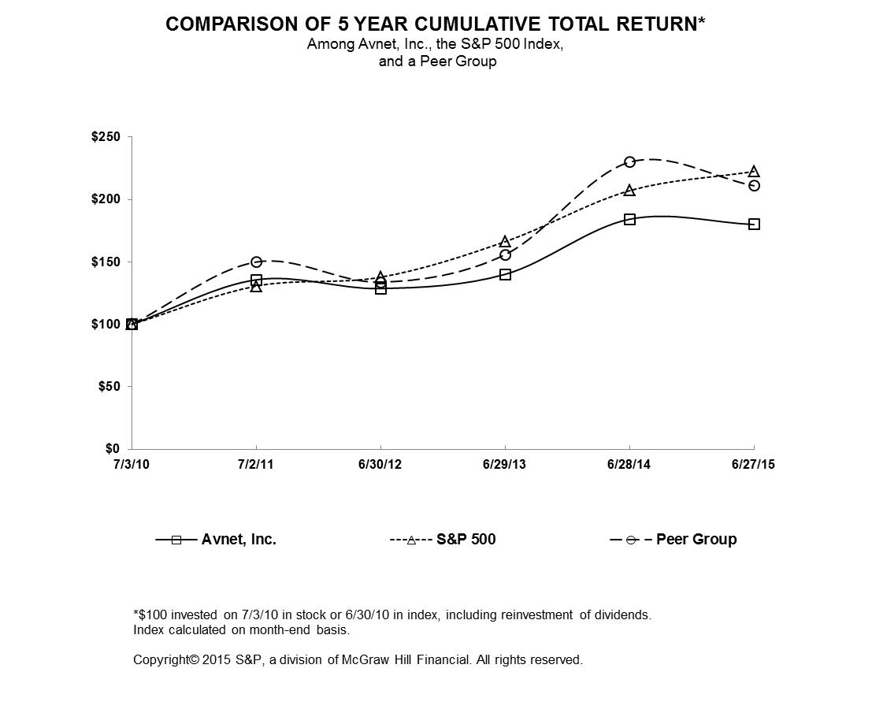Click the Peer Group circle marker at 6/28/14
[629, 162]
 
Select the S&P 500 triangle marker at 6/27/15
[754, 172]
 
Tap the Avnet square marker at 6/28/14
[629, 219]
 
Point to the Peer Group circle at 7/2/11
[256, 262]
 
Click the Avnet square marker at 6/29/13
[505, 274]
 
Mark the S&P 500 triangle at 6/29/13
[505, 241]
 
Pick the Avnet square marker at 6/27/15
[754, 224]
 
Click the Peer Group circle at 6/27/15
[754, 185]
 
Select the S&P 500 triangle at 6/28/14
[629, 190]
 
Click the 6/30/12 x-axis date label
[380, 465]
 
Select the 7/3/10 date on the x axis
[132, 465]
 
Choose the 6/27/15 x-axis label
[753, 465]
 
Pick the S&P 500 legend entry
[466, 540]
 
